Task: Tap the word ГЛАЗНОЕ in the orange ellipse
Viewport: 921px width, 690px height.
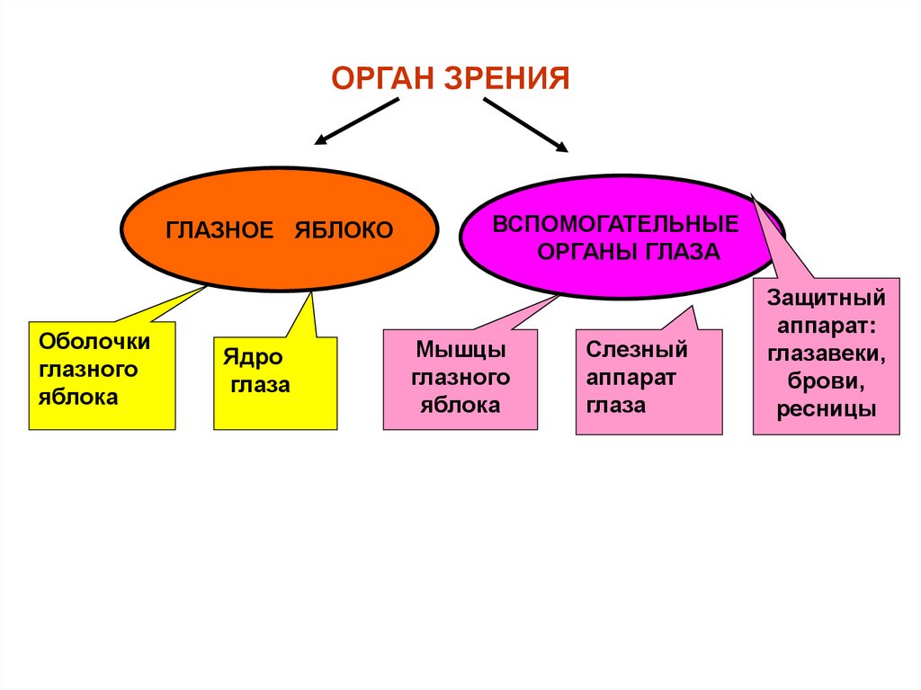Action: tap(219, 230)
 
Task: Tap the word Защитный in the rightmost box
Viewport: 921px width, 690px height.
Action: tap(827, 297)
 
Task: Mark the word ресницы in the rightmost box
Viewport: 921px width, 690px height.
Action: tap(827, 409)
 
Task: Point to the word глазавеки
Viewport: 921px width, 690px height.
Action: tap(827, 354)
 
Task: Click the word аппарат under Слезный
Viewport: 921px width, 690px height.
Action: tap(630, 377)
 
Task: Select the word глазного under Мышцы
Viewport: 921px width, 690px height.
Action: tap(460, 377)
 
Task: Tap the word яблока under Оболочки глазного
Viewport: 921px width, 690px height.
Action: tap(78, 397)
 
